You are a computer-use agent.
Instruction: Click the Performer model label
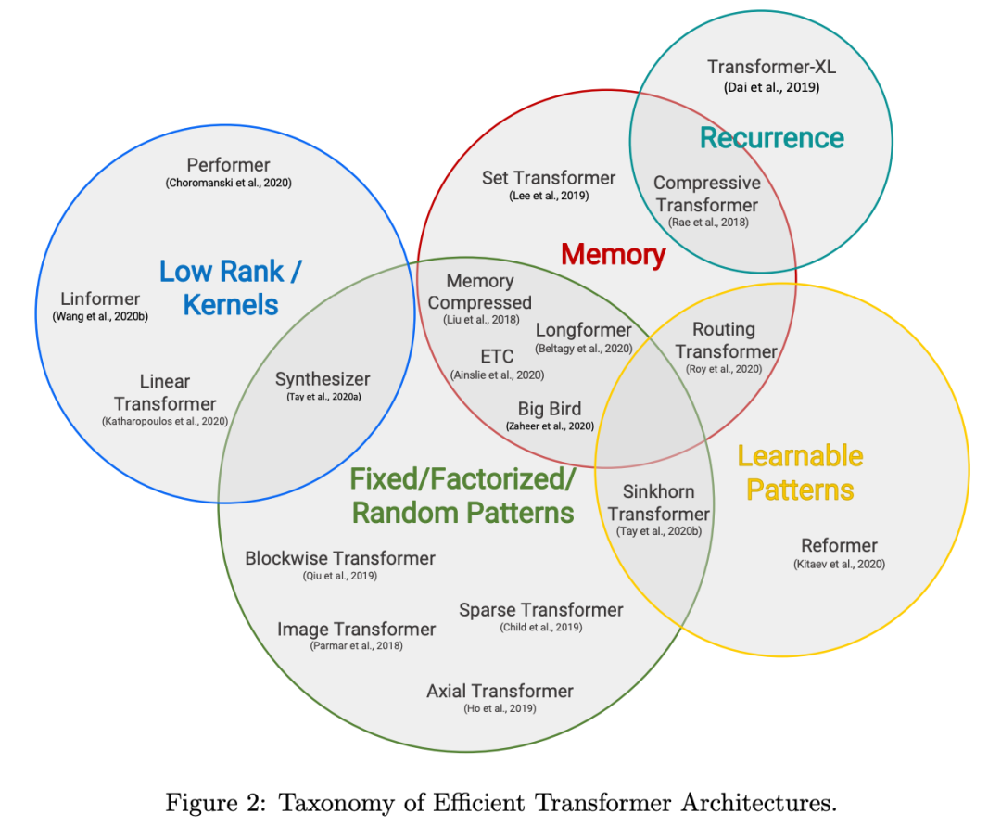228,165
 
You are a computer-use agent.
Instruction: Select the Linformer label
100,299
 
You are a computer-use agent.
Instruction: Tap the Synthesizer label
323,379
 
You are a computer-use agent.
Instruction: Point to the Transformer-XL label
771,67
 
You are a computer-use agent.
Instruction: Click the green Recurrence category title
771,138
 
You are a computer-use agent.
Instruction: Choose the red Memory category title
614,254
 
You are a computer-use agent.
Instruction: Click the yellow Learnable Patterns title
800,473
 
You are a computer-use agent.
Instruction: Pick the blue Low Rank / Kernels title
231,287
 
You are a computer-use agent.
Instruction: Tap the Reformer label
839,545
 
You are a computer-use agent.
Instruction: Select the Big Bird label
550,409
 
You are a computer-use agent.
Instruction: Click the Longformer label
583,330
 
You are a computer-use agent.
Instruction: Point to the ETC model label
497,357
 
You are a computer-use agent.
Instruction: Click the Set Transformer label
549,178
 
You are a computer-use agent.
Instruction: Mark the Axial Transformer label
500,691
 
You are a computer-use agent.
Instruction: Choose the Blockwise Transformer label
340,558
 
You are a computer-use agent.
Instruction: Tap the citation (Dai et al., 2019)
771,87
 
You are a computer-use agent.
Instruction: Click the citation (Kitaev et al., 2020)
839,564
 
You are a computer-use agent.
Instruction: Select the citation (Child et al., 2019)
541,628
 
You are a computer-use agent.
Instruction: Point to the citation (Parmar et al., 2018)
356,645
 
